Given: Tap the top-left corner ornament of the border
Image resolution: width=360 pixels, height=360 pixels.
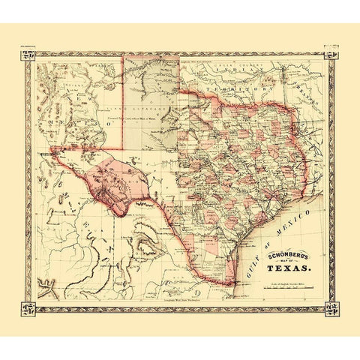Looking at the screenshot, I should pos(28,55).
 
